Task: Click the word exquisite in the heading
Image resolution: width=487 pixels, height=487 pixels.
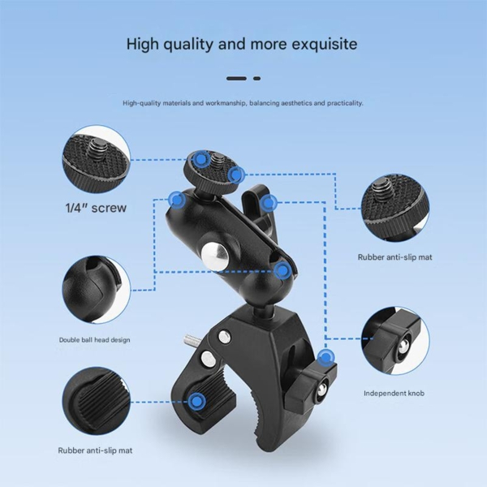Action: coord(324,44)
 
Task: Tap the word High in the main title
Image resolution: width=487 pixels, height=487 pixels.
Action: coord(142,44)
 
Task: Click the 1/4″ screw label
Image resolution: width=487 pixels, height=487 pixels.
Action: coord(96,208)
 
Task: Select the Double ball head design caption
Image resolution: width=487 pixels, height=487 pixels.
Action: coord(95,340)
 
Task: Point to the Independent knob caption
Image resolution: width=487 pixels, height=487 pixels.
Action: coord(394,393)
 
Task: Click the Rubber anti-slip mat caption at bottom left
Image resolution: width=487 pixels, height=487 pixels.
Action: coord(95,450)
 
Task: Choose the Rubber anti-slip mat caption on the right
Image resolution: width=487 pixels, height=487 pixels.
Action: coord(394,257)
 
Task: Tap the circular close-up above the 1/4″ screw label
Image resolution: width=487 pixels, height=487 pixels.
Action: coord(97,160)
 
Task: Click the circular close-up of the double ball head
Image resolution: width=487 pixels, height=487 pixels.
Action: coord(97,290)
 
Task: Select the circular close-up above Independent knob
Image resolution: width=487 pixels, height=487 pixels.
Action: coord(395,340)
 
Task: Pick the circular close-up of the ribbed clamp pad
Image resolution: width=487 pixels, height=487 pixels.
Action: coord(97,401)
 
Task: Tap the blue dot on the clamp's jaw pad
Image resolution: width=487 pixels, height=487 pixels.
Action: coord(196,402)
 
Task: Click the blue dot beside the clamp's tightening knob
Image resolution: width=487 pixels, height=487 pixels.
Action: coord(325,357)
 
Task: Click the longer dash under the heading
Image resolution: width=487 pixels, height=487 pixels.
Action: coord(236,79)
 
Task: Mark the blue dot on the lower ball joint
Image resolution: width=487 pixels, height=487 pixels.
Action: coord(282,270)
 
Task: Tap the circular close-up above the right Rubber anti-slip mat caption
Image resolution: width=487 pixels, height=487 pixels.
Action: coord(395,208)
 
